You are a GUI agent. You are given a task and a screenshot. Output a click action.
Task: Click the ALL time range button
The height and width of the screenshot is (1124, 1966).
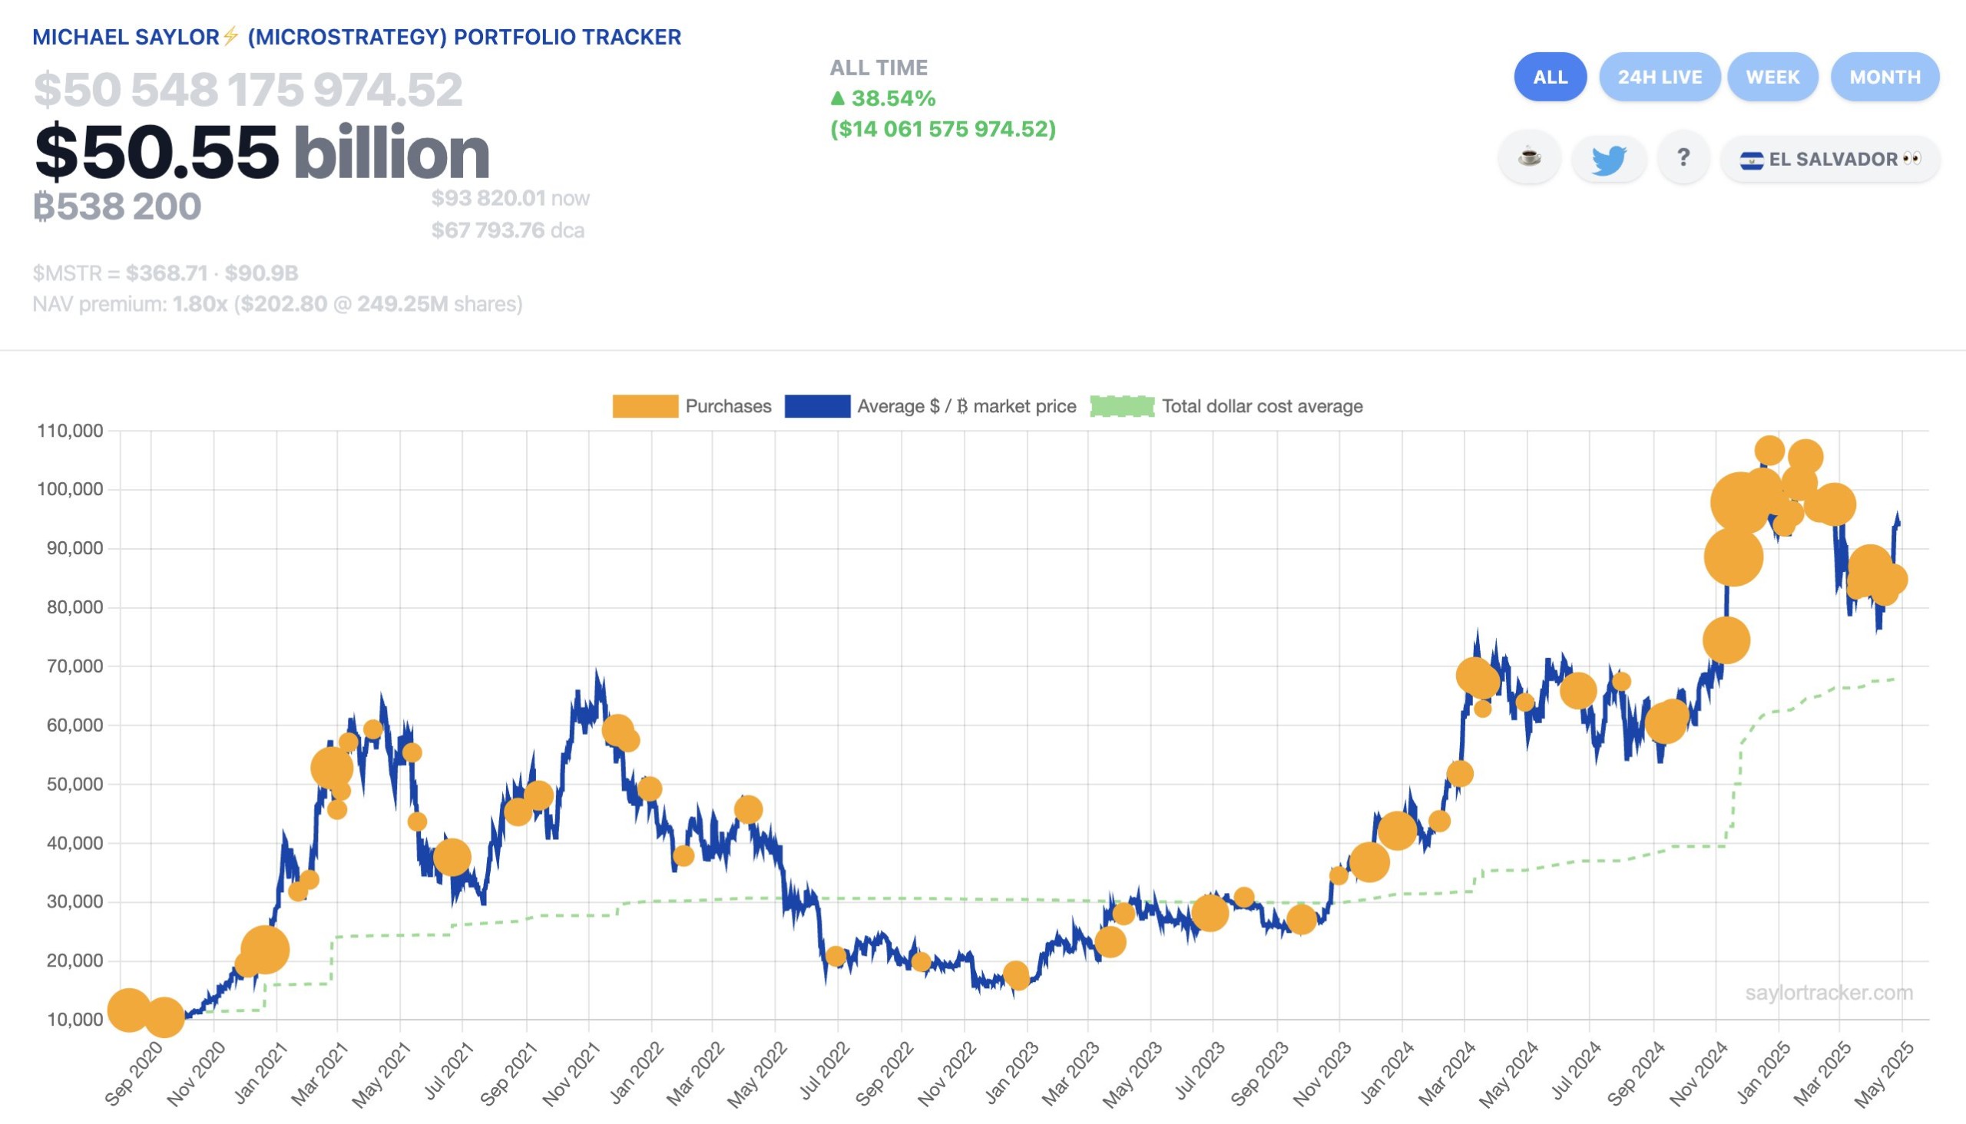click(x=1549, y=78)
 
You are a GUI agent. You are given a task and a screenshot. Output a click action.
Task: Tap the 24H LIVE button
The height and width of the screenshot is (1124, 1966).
click(x=1659, y=78)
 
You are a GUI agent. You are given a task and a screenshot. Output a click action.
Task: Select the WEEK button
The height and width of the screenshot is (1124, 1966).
click(x=1772, y=78)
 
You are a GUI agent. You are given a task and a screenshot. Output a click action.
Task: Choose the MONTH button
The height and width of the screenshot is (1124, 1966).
click(x=1884, y=78)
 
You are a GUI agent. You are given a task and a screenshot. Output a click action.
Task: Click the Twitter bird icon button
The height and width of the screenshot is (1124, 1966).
click(x=1608, y=160)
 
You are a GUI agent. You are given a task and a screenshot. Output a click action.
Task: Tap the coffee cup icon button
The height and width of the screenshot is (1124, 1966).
click(x=1528, y=158)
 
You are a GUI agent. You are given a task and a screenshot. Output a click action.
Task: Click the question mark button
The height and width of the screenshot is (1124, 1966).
click(x=1683, y=158)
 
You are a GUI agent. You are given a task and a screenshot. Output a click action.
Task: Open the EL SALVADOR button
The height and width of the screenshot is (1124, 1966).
click(x=1829, y=160)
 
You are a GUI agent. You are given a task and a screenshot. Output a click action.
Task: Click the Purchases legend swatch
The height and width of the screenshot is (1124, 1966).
click(x=645, y=406)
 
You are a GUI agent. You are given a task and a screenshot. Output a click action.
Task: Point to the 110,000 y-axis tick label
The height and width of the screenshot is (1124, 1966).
click(x=69, y=431)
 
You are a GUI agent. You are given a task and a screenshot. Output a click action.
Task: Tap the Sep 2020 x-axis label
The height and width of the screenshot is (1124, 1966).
click(x=134, y=1073)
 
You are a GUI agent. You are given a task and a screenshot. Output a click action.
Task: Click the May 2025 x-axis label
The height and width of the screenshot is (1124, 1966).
click(x=1883, y=1073)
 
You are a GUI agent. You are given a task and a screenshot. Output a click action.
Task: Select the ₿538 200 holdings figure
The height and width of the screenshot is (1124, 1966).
click(x=117, y=206)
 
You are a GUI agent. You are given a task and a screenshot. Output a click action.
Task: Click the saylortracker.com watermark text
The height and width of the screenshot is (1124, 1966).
click(x=1828, y=993)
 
